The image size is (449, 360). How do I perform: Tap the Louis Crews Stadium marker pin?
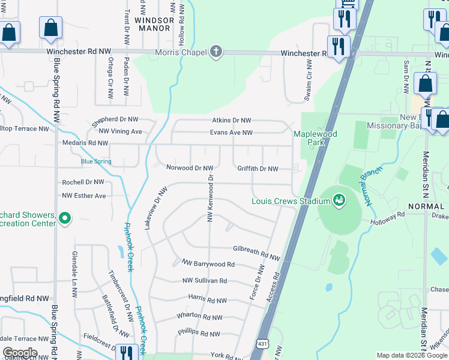(339, 200)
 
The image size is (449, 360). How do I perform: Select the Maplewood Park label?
(315, 138)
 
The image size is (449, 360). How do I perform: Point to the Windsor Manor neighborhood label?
(154, 24)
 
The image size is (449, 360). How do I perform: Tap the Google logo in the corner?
(20, 353)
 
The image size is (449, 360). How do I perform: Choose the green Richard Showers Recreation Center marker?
(65, 219)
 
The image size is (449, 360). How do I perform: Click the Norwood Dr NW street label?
(190, 169)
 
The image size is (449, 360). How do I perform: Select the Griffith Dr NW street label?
(258, 169)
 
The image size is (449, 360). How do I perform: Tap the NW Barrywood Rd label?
(208, 264)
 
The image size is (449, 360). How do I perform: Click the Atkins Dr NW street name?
(231, 121)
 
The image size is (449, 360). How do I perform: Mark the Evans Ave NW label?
(231, 133)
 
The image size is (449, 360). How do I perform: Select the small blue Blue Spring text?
(96, 161)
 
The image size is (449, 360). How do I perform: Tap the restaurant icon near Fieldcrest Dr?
(125, 353)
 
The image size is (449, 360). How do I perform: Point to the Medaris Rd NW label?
(85, 143)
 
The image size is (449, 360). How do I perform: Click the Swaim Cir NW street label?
(309, 79)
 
